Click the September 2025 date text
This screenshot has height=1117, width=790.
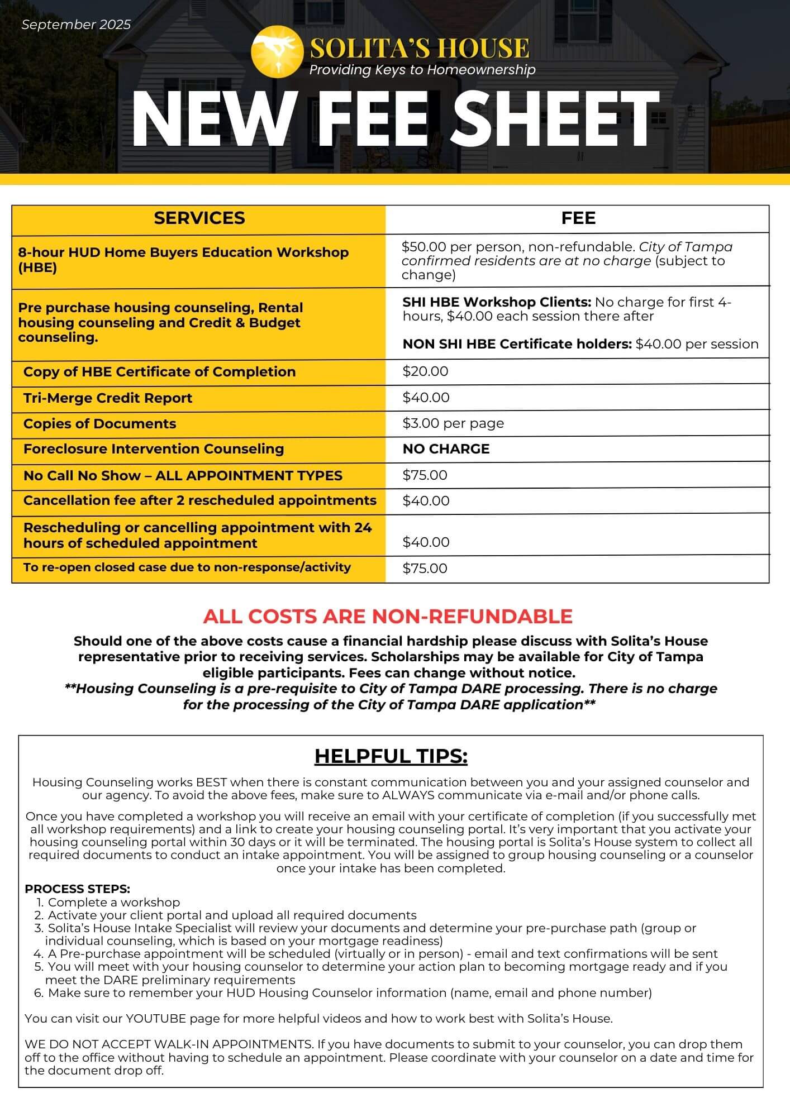pos(76,25)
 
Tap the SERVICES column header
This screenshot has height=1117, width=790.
pos(199,218)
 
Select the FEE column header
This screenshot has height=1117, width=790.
pos(578,218)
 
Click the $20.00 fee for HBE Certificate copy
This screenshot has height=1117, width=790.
pos(425,371)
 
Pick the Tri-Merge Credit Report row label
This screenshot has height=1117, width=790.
pos(108,398)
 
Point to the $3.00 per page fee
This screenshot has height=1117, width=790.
pos(453,423)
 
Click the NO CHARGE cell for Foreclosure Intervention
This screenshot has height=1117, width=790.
pos(446,449)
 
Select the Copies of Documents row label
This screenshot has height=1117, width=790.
pos(100,424)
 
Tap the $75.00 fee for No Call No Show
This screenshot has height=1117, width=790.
pos(425,475)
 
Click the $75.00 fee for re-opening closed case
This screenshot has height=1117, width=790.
pos(425,569)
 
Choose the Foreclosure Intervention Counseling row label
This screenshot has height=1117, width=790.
pos(154,449)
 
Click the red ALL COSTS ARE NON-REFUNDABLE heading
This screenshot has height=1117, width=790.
pos(388,616)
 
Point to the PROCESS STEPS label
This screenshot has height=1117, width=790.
pos(77,889)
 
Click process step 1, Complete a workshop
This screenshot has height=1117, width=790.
pos(113,902)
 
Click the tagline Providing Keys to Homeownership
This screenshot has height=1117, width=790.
pos(422,70)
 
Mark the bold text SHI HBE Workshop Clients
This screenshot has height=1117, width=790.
pos(497,302)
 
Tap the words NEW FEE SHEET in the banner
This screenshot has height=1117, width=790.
pos(395,119)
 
